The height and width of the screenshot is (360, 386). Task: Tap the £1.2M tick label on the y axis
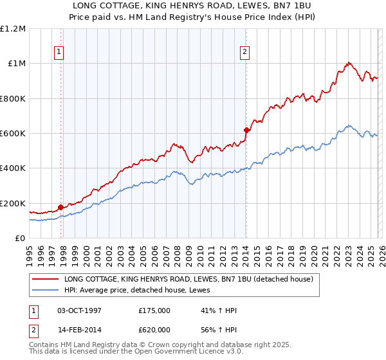click(x=13, y=29)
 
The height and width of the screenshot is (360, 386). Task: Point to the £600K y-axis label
click(x=13, y=134)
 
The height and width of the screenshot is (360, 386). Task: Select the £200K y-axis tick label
click(x=13, y=203)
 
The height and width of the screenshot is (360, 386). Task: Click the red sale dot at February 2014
click(x=246, y=130)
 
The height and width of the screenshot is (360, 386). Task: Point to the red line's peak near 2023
click(x=348, y=63)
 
